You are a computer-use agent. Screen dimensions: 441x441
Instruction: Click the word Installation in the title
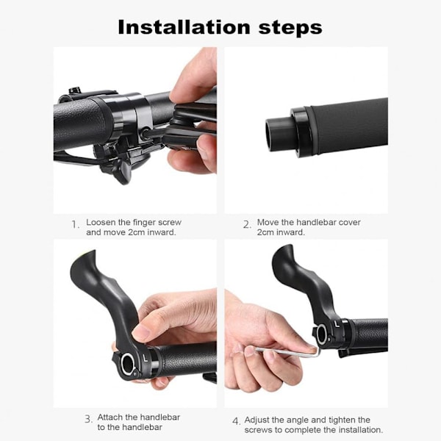coord(184,27)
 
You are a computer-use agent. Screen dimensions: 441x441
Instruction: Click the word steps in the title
coord(290,28)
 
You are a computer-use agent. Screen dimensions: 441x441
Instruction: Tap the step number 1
coord(75,224)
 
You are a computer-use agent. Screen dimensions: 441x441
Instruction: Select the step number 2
coord(247,224)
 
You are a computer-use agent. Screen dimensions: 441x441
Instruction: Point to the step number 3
coord(88,419)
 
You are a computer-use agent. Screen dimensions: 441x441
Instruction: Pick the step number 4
coord(236,421)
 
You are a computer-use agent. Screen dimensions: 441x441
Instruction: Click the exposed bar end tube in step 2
coord(279,135)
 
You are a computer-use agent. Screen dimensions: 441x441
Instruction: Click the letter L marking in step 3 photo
coord(146,358)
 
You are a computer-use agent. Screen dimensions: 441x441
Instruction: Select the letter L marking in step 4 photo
coord(337,325)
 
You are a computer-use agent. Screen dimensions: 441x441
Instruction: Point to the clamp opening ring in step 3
coord(127,365)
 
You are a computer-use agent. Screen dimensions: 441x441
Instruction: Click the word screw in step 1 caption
coord(170,223)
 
